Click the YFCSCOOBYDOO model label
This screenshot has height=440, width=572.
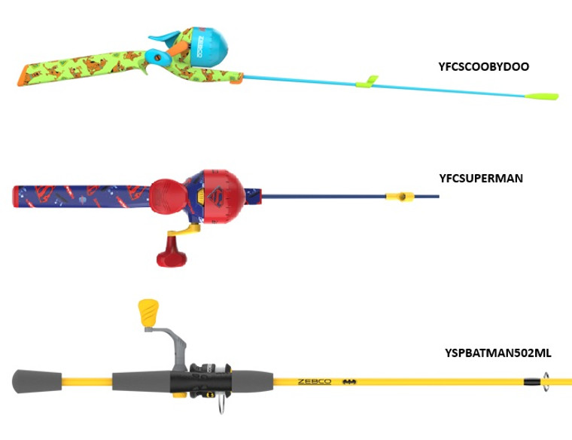pyautogui.click(x=483, y=66)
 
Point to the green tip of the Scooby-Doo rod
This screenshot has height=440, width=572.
pyautogui.click(x=541, y=96)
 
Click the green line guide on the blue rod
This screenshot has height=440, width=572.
pyautogui.click(x=372, y=80)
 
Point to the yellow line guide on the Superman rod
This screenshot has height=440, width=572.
pyautogui.click(x=399, y=197)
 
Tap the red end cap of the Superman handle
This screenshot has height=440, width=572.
pyautogui.click(x=15, y=198)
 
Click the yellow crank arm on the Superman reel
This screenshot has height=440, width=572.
pyautogui.click(x=186, y=226)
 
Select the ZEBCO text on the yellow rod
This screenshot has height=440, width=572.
pyautogui.click(x=315, y=381)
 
